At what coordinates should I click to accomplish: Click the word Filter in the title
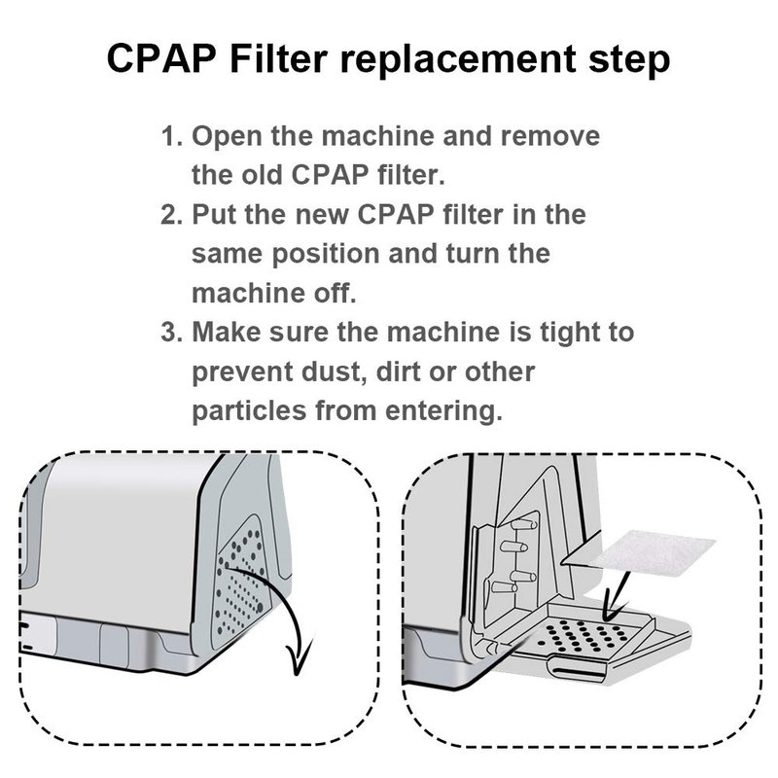pyautogui.click(x=278, y=58)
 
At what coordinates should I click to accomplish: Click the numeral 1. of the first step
pyautogui.click(x=173, y=136)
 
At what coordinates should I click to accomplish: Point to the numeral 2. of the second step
pyautogui.click(x=173, y=215)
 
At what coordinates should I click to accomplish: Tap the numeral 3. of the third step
pyautogui.click(x=173, y=332)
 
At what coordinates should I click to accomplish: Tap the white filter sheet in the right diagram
pyautogui.click(x=654, y=554)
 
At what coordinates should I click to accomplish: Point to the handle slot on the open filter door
pyautogui.click(x=577, y=670)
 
